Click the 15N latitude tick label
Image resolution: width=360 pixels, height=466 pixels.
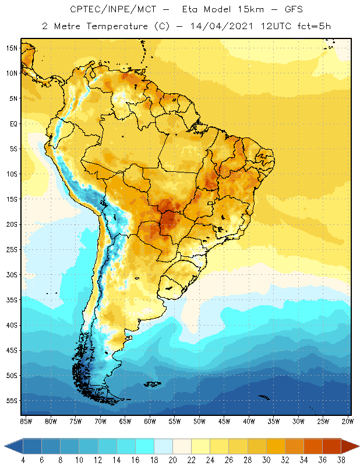point(11,48)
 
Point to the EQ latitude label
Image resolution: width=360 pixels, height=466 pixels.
point(12,123)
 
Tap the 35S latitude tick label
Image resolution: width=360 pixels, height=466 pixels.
point(11,299)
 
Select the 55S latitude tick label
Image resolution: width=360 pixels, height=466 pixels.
point(11,400)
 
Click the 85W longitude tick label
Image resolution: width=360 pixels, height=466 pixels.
point(26,421)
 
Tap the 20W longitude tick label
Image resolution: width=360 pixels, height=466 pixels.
point(348,421)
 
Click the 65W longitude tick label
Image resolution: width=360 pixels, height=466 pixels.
point(125,421)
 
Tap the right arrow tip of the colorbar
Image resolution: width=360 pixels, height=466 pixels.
point(358,446)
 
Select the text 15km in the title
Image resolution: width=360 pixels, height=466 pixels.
point(251,10)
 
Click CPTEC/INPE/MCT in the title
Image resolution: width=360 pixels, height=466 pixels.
point(105,10)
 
